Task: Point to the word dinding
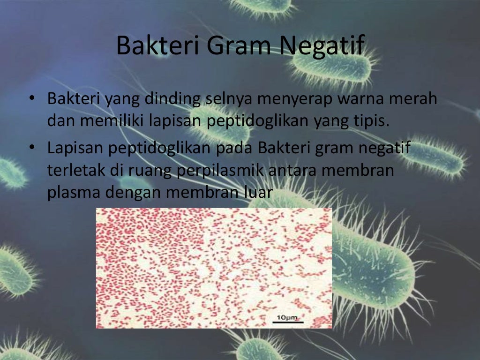click(173, 99)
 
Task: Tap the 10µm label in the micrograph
click(287, 318)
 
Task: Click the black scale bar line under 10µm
click(288, 322)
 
